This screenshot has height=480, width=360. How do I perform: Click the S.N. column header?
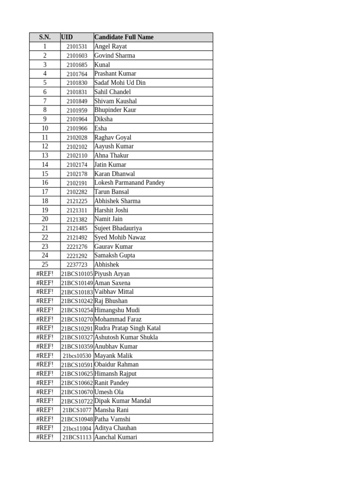click(45, 37)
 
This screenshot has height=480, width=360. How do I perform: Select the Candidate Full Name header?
click(124, 37)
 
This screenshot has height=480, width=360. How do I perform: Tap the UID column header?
click(67, 37)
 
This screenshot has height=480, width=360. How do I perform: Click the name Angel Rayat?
click(110, 46)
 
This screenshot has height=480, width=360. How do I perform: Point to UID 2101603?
click(77, 56)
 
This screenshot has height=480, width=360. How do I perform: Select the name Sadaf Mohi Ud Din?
click(120, 82)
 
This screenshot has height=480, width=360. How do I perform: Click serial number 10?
click(45, 128)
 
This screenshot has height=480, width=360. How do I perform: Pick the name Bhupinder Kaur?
click(115, 110)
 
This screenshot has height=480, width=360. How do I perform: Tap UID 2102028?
click(77, 137)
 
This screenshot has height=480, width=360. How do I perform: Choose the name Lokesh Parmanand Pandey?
click(129, 183)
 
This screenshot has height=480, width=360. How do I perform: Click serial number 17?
click(45, 192)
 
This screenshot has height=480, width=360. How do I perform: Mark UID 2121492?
click(77, 238)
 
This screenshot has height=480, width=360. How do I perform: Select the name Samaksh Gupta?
click(114, 255)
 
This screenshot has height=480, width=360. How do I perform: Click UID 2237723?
click(77, 265)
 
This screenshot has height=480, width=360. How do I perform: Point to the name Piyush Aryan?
click(112, 274)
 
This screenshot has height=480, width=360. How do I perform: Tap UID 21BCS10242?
click(77, 301)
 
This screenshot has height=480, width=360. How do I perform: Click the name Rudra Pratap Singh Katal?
click(127, 328)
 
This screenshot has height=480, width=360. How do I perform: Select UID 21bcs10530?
click(77, 356)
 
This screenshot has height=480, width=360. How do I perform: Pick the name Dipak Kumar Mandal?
click(123, 401)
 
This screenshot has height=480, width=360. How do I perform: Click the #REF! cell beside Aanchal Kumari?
click(45, 437)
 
